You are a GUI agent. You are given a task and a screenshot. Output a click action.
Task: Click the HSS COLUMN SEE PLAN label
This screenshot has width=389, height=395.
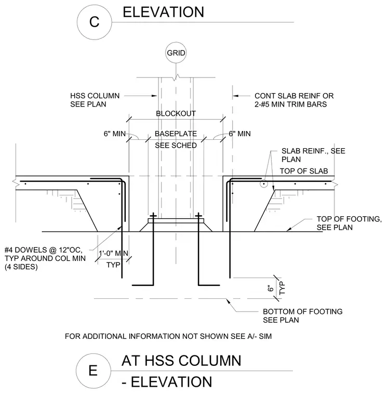click(95, 100)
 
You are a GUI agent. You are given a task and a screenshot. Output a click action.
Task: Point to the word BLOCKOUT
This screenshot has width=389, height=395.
click(176, 114)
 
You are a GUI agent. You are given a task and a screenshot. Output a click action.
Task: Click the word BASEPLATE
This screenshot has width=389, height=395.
click(176, 134)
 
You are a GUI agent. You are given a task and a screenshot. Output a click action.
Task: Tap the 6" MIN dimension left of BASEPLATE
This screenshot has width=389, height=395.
click(115, 134)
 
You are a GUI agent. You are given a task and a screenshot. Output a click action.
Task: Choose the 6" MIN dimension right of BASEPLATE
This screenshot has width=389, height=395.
click(240, 134)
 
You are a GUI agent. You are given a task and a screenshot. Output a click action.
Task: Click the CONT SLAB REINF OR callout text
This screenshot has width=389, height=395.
click(294, 96)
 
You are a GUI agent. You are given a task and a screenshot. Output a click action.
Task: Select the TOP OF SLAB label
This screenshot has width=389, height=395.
click(304, 172)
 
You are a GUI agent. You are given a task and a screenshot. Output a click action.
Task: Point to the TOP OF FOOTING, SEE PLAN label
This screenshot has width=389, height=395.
click(349, 223)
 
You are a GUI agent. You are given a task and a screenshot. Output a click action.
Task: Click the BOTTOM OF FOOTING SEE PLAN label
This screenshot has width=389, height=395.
click(303, 315)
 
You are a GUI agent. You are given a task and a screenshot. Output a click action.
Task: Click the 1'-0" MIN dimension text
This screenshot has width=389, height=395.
click(113, 253)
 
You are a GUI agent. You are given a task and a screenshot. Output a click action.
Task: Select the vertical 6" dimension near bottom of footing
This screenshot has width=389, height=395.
click(271, 288)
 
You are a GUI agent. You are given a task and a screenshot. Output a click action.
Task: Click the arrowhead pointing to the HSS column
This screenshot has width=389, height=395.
click(154, 96)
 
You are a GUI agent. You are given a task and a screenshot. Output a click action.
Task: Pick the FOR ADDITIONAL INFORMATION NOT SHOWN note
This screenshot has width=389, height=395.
click(168, 336)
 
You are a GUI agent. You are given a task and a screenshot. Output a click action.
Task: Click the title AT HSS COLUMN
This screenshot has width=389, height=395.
click(181, 361)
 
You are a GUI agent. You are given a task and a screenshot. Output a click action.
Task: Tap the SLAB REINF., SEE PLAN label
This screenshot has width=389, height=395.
click(313, 155)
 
